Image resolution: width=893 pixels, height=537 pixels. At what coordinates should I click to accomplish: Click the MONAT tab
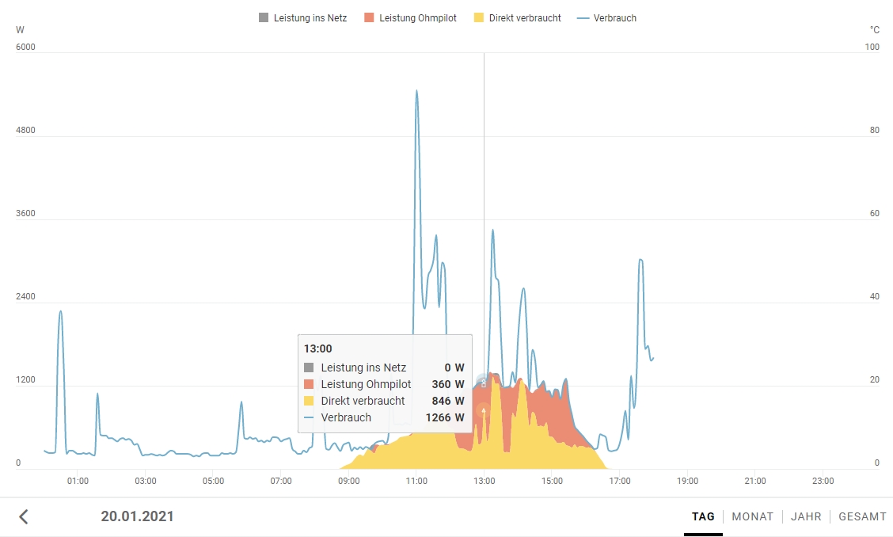(752, 516)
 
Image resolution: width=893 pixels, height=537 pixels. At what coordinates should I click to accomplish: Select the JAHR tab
(806, 516)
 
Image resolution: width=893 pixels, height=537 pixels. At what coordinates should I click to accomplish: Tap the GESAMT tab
(862, 516)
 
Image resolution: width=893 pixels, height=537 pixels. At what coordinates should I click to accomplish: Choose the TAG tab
(703, 516)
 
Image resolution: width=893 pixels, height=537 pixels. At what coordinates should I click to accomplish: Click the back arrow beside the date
(24, 516)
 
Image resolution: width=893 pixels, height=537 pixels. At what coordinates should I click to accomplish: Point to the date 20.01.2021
(137, 516)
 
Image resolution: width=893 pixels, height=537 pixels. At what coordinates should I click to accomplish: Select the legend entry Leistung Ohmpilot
(410, 17)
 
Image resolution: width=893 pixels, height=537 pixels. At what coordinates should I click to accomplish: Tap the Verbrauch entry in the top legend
(607, 17)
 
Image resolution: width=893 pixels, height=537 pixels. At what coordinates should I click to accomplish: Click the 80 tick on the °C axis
(874, 130)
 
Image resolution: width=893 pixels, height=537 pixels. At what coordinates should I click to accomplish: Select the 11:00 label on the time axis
(416, 481)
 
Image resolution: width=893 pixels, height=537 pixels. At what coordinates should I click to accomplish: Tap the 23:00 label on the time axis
(823, 481)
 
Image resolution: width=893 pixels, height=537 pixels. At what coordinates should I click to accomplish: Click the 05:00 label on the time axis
(213, 481)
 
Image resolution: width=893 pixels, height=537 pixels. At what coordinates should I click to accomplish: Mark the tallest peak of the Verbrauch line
(416, 91)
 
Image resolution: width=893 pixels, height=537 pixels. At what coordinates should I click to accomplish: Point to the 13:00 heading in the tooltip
(318, 348)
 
